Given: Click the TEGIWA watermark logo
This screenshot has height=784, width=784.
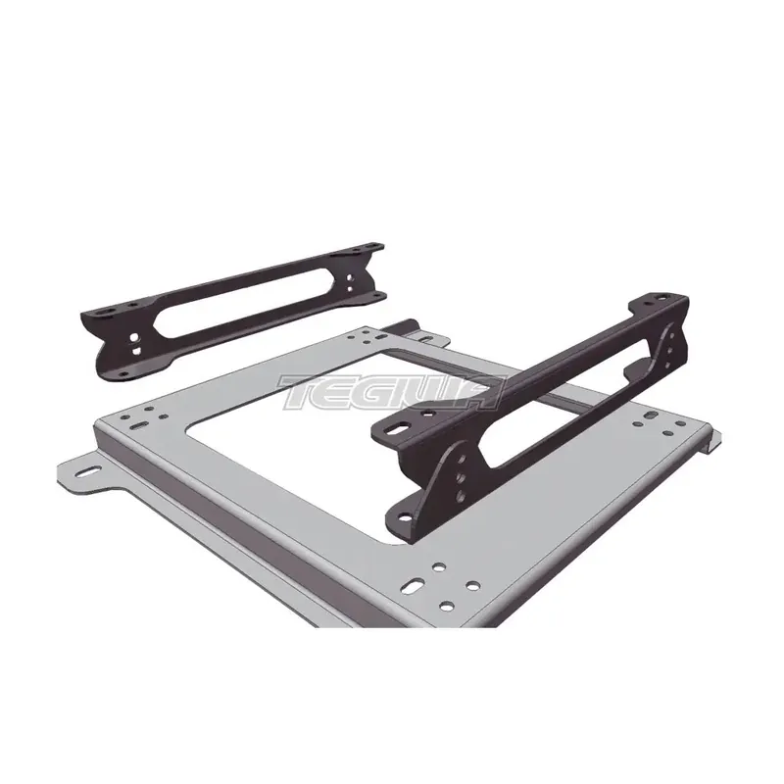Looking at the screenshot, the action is (x=393, y=392).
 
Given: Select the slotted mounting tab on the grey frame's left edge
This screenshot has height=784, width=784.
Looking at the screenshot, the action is (x=82, y=472).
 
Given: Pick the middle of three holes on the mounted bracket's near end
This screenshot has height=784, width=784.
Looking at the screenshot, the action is (x=461, y=478).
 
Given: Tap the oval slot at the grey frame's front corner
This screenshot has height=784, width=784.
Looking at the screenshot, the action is (x=414, y=583).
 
